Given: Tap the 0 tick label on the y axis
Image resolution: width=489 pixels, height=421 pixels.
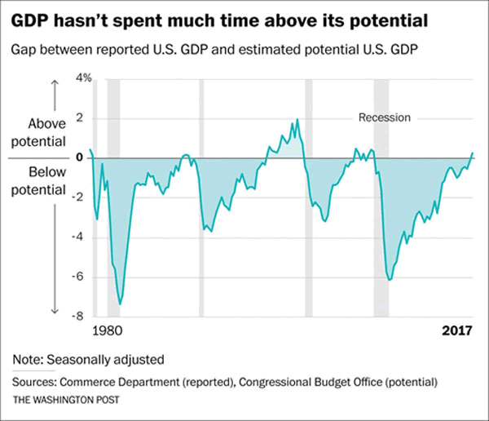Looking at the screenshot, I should (x=78, y=157).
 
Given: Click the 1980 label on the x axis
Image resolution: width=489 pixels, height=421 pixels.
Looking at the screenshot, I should (x=106, y=332).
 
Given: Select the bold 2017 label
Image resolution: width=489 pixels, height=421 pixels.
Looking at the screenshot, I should (x=456, y=332).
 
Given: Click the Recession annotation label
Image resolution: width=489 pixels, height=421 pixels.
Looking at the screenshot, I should (x=385, y=117).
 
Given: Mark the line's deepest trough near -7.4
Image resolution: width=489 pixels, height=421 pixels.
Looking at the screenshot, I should (x=121, y=304).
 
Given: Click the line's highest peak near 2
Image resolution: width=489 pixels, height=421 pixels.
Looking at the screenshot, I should (x=297, y=119).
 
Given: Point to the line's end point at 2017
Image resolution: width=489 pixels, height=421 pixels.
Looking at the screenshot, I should (x=473, y=153).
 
